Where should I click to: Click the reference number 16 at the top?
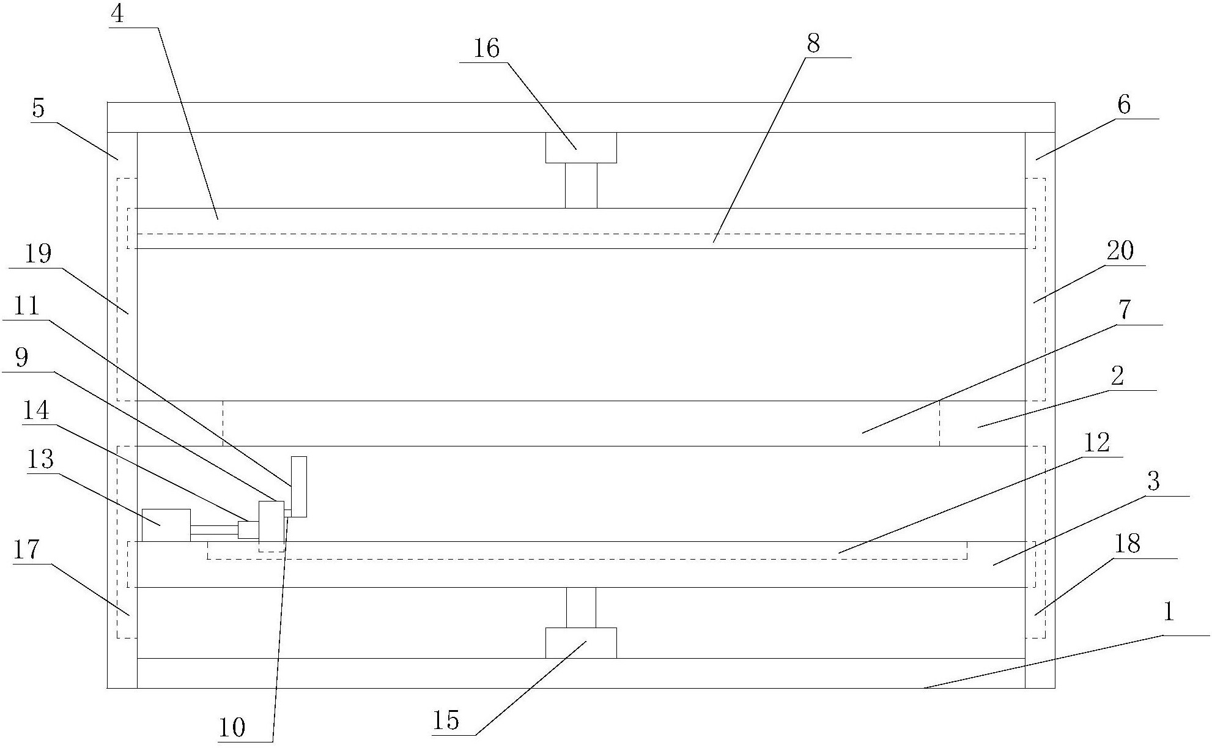(x=487, y=48)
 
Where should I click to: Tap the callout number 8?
(x=813, y=44)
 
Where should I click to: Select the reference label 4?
(x=117, y=13)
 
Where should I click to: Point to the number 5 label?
(x=39, y=108)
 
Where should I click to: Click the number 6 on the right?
(x=1124, y=105)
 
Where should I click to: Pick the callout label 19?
(x=38, y=253)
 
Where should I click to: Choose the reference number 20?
(x=1120, y=251)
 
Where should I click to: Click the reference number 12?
(x=1096, y=443)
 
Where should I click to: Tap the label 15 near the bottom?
(x=446, y=720)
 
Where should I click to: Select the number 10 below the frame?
(x=232, y=728)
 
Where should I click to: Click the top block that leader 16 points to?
(x=581, y=147)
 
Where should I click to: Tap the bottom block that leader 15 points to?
(x=581, y=643)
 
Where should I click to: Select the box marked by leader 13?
(x=166, y=525)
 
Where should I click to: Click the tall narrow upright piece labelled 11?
(x=299, y=486)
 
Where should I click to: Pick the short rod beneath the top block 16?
(x=581, y=185)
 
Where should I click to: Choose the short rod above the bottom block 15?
(x=581, y=607)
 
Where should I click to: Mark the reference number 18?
(x=1127, y=543)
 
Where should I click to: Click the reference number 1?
(x=1168, y=612)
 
